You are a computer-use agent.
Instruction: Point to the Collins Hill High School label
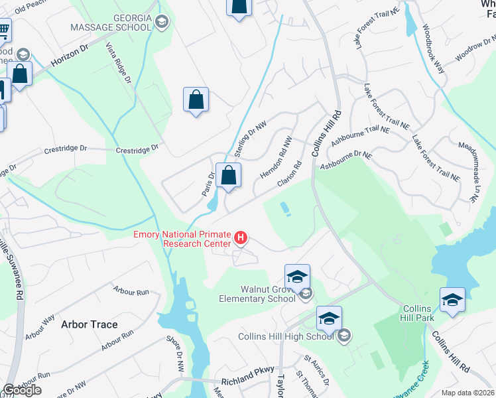coord(286,336)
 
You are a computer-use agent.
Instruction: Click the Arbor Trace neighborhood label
coord(89,324)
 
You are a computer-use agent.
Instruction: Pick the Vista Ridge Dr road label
coord(119,63)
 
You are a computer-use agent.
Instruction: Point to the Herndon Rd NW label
coord(275,158)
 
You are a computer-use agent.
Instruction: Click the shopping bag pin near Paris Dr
coord(228,176)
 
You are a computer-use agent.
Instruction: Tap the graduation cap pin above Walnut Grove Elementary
coord(297,276)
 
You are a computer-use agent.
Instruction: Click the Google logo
coord(22,390)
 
